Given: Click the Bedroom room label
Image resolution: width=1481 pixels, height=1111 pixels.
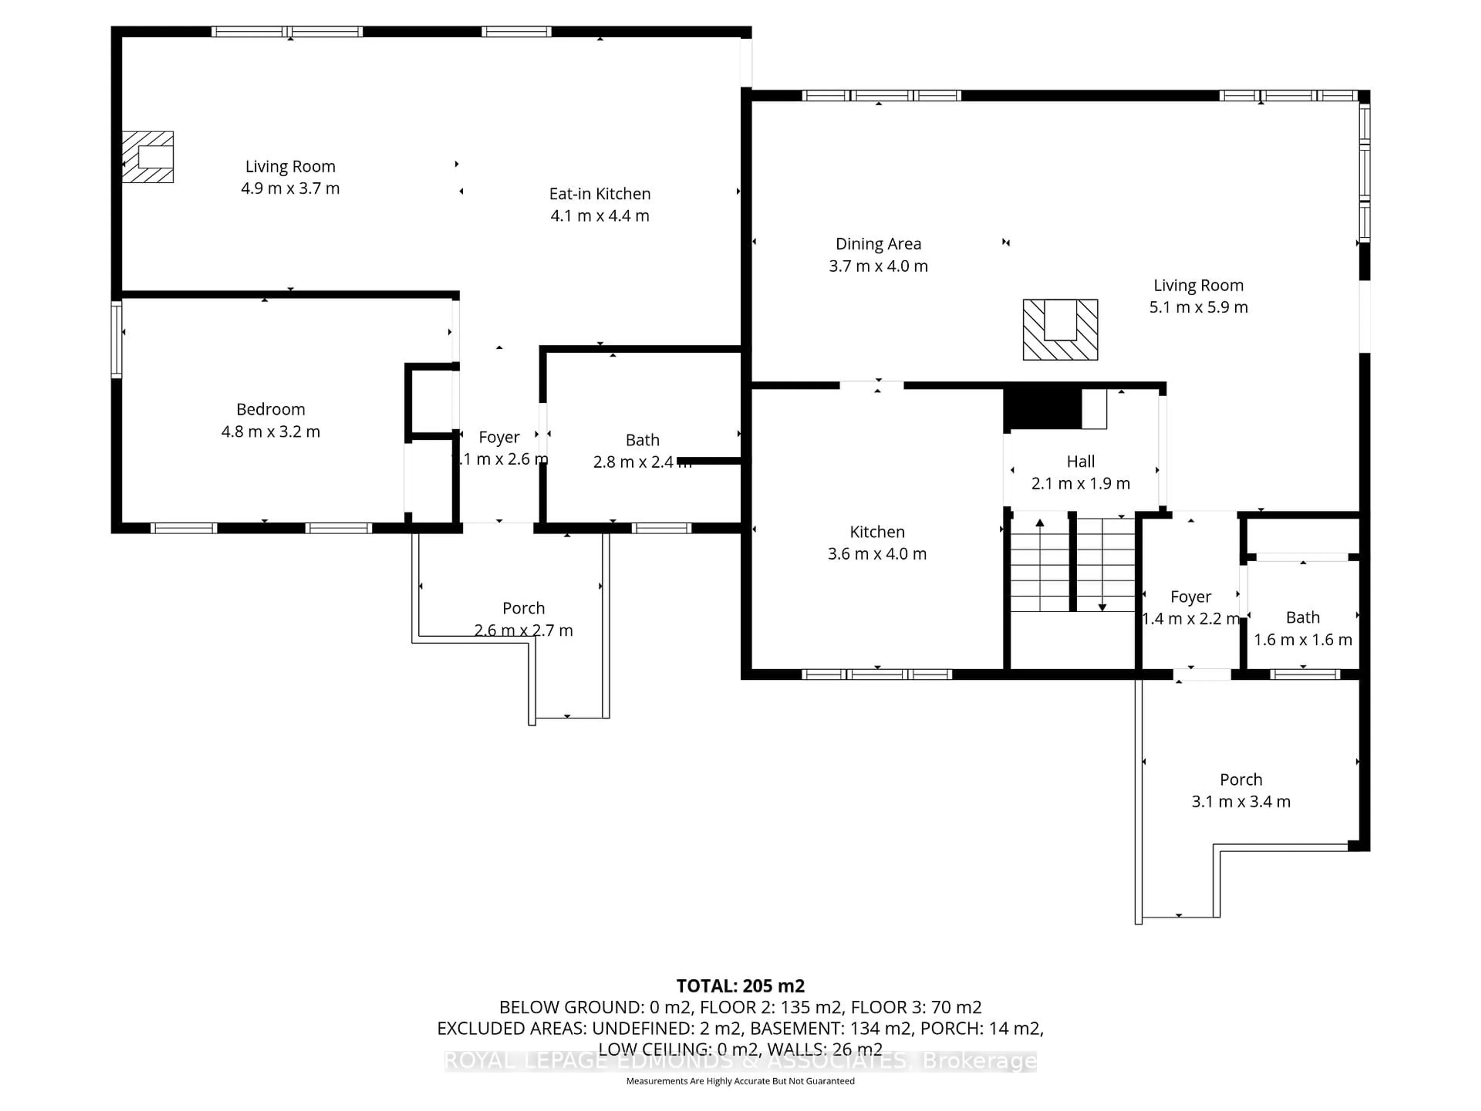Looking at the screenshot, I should (270, 409).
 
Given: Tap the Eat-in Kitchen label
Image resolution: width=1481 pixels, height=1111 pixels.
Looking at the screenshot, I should (599, 194).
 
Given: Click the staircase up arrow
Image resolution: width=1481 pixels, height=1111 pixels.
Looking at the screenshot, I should (1040, 524).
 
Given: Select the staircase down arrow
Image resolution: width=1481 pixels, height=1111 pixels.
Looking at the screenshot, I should (1101, 607).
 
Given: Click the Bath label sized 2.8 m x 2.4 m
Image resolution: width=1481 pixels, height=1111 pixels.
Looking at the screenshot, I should (642, 440).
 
